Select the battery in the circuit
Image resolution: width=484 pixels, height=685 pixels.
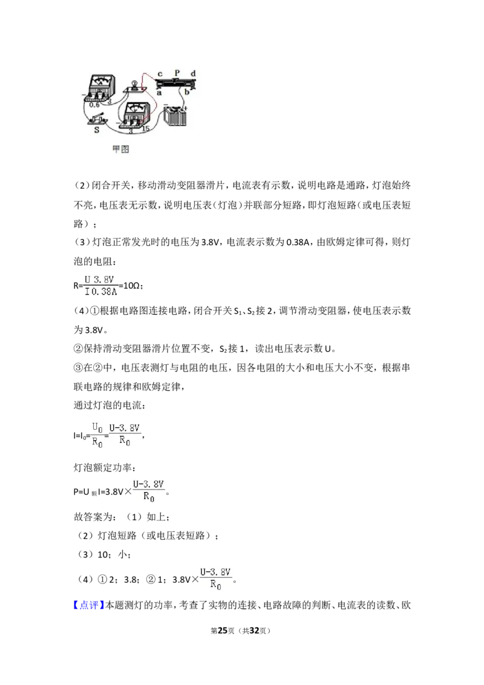point(176,116)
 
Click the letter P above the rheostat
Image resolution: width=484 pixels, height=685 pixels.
point(177,73)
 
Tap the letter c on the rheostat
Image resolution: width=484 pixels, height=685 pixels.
point(160,74)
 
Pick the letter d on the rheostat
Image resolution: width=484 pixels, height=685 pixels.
point(193,73)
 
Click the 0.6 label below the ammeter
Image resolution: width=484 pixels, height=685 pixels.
point(94,105)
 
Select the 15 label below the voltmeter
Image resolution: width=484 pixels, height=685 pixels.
point(145,128)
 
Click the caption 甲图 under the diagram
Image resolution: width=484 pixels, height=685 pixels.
point(120,149)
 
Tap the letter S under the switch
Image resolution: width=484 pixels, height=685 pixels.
point(97,129)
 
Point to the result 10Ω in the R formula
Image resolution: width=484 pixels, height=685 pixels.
point(132,286)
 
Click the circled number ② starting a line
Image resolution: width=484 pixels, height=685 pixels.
point(78,349)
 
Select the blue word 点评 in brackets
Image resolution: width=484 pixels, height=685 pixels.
point(89,605)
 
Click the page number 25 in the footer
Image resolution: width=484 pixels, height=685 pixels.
point(223,631)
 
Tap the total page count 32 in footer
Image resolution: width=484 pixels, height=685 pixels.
point(254,631)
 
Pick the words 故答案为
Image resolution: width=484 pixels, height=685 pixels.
point(93,517)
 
